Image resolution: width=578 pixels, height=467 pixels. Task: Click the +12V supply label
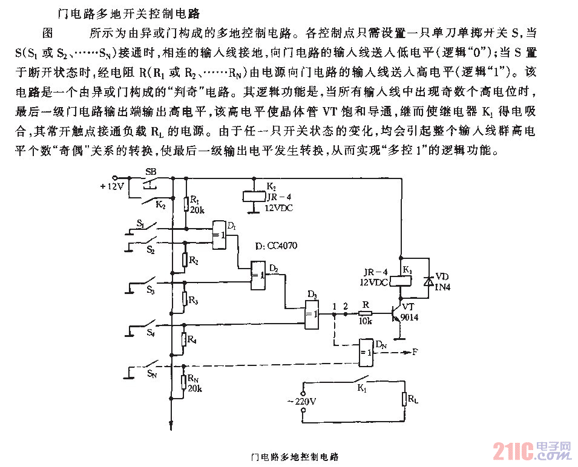point(111,186)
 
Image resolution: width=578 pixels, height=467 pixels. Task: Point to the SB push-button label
point(150,172)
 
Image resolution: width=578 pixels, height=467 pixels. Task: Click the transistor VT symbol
point(396,314)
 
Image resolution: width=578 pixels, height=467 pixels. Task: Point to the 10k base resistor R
point(365,313)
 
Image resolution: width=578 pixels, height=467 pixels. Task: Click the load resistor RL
point(404,399)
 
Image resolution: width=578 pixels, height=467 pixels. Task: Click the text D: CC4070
point(276,246)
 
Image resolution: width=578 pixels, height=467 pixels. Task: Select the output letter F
point(415,351)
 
